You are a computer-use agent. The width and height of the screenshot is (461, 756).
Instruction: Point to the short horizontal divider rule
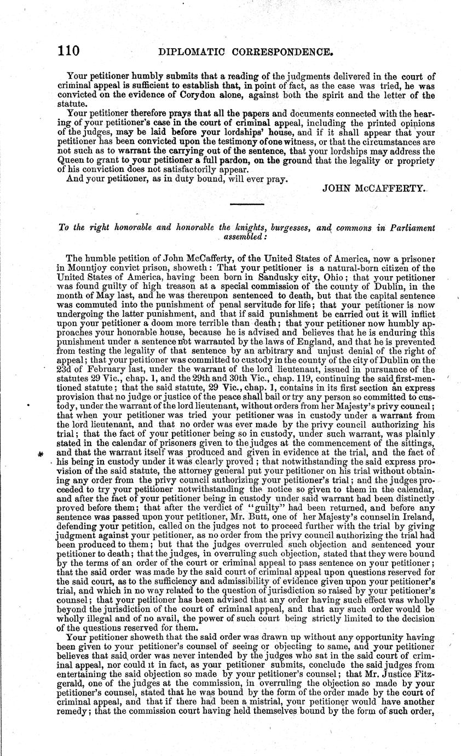click(246, 204)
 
